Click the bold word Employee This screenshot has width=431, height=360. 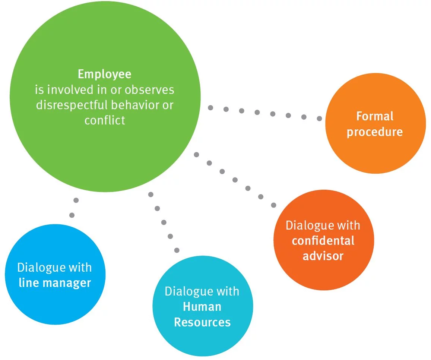pos(104,74)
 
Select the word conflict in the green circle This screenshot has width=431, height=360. pos(105,120)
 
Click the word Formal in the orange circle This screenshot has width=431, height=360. pos(375,116)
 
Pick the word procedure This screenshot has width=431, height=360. pos(375,132)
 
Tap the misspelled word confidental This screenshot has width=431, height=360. pos(323,241)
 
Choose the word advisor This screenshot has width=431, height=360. pos(323,256)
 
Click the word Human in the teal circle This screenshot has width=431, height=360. pos(202,307)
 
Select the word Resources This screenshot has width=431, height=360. pos(202,322)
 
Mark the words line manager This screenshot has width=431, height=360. pos(55,283)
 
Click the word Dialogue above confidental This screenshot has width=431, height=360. pos(304,225)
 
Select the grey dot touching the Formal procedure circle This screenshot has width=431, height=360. pos(319,119)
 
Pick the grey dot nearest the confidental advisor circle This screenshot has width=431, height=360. pos(273,205)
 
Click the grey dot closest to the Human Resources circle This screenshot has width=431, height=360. pos(177,250)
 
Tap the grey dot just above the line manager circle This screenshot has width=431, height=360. pos(72,215)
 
